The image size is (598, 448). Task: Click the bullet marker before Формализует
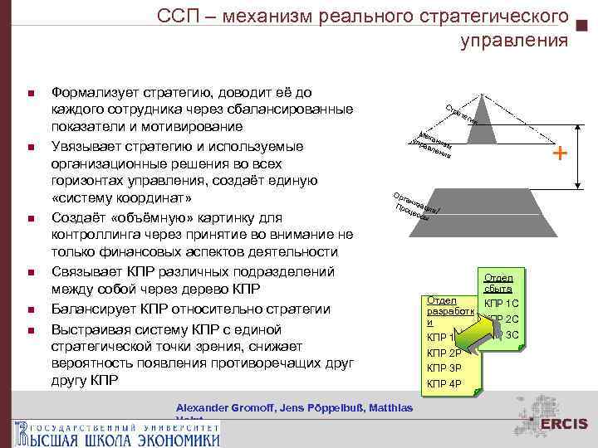30,91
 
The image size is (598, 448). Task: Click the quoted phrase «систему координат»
121,199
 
